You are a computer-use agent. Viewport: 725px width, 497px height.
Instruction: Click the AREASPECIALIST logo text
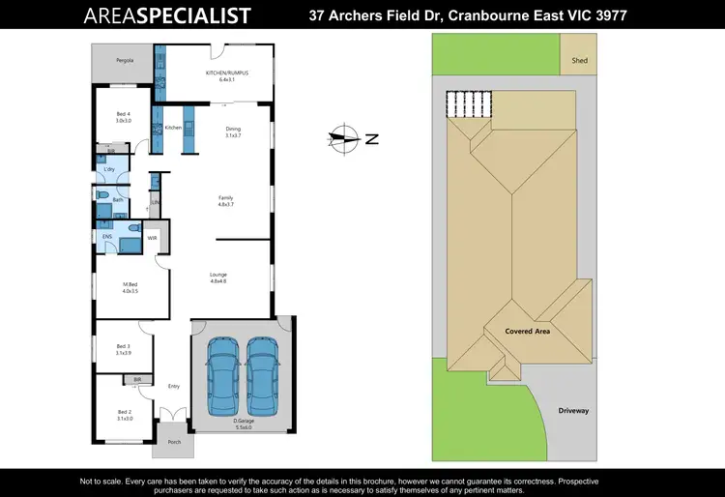167,15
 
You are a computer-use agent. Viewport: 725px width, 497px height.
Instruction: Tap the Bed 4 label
123,116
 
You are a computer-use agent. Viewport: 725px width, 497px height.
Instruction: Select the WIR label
152,236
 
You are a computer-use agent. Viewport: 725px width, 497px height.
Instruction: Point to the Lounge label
218,275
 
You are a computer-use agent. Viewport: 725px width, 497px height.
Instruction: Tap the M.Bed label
130,285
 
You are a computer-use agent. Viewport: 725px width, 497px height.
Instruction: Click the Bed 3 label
123,346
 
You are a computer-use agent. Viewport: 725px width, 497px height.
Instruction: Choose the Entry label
174,386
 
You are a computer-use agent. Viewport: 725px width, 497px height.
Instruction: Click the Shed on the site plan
579,60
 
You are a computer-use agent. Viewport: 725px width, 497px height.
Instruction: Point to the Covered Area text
528,331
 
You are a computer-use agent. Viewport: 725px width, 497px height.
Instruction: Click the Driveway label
572,410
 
